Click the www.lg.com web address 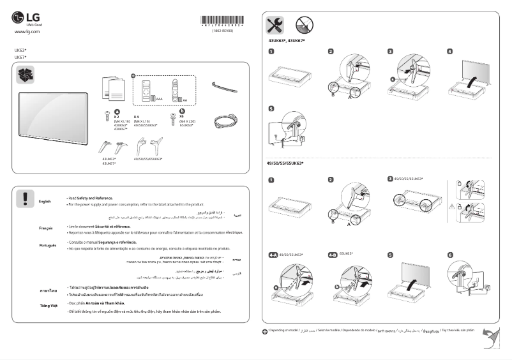click(27, 31)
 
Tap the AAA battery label click(159, 100)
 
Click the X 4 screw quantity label click(136, 117)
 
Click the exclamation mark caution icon click(25, 198)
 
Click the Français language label click(45, 227)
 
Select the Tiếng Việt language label click(47, 306)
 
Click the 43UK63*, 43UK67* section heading click(287, 41)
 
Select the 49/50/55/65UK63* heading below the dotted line click(285, 163)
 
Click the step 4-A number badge click(273, 255)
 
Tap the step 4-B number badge click(332, 255)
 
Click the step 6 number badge click(450, 255)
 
